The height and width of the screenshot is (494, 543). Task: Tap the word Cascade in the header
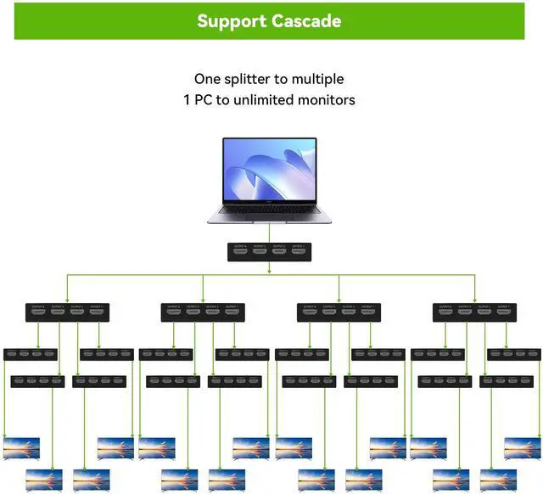coord(308,20)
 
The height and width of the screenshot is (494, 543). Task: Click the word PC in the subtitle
coord(205,100)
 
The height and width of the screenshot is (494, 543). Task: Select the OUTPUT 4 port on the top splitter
coord(239,252)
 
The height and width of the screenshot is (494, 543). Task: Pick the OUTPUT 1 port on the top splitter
coord(298,252)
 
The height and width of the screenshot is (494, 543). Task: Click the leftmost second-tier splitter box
coord(67,312)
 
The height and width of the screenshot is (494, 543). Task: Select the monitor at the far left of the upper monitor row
coord(22,447)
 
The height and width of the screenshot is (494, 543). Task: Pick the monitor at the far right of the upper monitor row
coord(523,447)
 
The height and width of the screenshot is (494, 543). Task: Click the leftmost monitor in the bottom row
coord(44,479)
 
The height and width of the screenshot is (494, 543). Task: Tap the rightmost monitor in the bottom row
coord(499,479)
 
